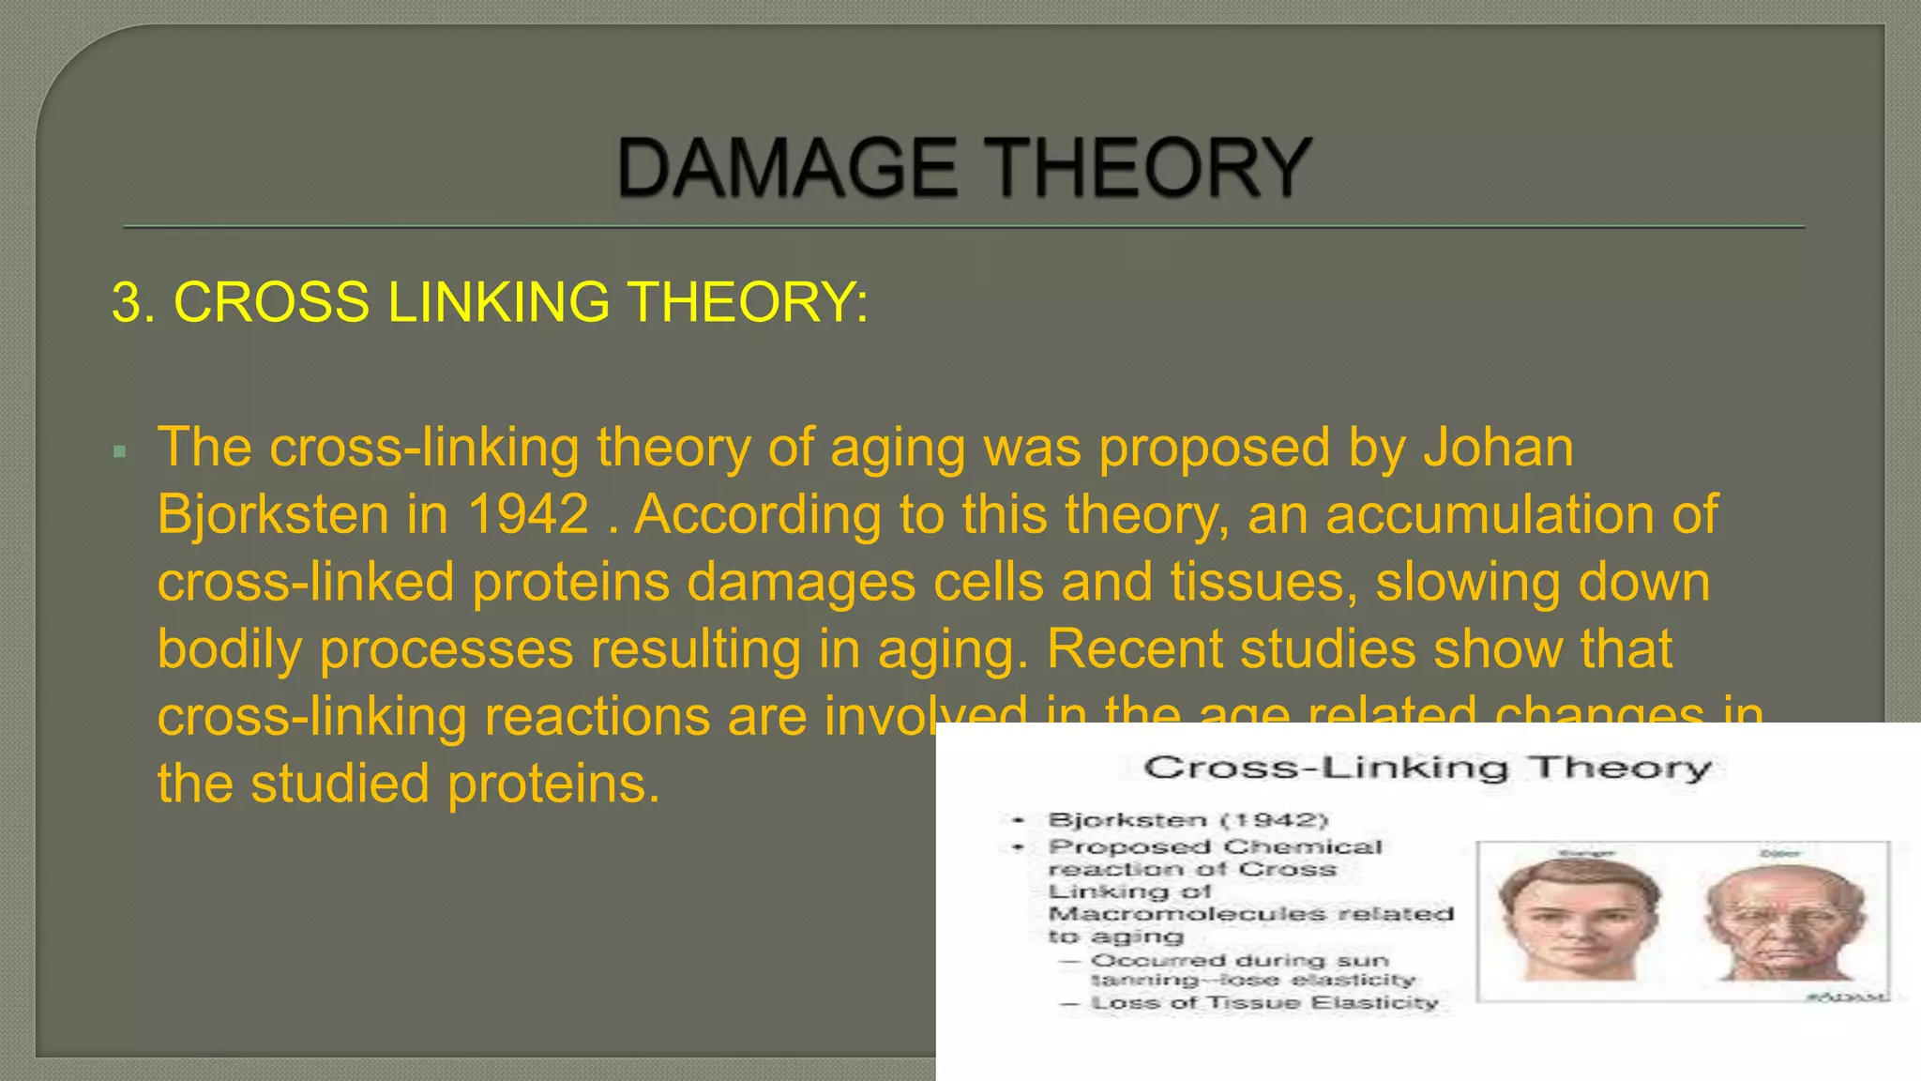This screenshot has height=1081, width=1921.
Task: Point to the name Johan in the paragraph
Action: point(1498,447)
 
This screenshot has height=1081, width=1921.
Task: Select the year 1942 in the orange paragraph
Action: point(528,514)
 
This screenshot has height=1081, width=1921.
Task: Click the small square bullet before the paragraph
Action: point(119,452)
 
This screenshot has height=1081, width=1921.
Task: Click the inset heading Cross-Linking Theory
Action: point(1427,768)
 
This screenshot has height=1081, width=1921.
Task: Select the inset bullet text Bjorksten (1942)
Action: point(1187,820)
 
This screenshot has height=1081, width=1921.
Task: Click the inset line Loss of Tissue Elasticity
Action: point(1263,1003)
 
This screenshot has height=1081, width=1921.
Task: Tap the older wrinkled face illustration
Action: point(1784,920)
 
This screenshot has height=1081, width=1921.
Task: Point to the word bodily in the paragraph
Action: point(229,649)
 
